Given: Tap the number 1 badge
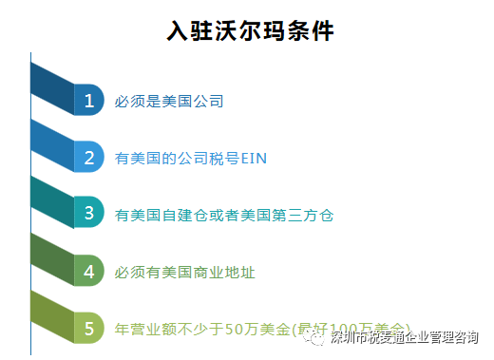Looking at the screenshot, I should tap(88, 100).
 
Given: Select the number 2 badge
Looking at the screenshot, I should tap(88, 157).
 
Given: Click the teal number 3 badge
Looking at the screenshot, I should tap(88, 214).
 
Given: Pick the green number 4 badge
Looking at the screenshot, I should tap(88, 272).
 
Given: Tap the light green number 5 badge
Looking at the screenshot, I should tap(88, 329).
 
